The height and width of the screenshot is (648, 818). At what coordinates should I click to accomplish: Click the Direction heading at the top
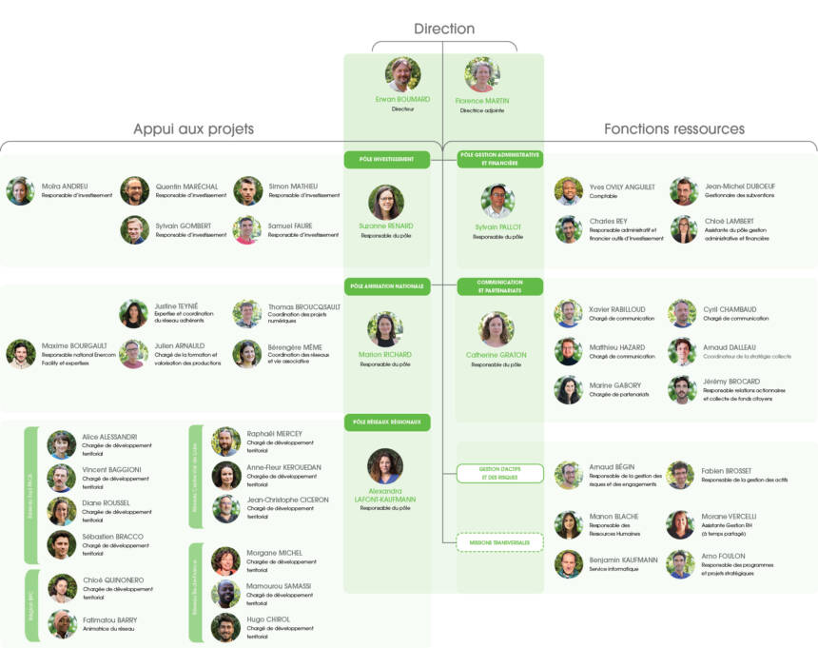click(443, 29)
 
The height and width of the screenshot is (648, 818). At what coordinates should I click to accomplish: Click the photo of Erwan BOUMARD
click(403, 74)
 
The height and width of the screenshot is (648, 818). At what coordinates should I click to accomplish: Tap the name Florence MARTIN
click(481, 100)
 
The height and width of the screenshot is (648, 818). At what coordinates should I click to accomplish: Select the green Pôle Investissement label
click(386, 160)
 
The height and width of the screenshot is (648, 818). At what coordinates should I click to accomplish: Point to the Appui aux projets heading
click(193, 128)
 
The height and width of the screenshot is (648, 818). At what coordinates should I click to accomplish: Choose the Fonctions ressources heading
click(673, 128)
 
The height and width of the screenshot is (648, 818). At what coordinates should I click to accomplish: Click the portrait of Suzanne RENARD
click(386, 202)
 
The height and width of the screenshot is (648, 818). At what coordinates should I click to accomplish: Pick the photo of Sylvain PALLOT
click(497, 202)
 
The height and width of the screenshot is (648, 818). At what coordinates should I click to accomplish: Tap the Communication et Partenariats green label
click(499, 286)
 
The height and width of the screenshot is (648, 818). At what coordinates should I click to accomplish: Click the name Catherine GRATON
click(497, 355)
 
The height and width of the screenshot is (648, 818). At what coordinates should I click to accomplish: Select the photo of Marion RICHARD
click(385, 329)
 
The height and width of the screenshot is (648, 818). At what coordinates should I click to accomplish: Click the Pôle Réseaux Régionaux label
click(386, 421)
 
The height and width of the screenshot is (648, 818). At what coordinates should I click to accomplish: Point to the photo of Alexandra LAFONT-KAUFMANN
click(385, 466)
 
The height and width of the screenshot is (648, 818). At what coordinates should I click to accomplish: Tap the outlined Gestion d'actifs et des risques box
click(499, 473)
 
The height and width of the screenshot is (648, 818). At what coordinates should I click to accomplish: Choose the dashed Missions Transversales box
click(499, 542)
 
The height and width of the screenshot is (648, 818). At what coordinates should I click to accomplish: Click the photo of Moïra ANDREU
click(20, 191)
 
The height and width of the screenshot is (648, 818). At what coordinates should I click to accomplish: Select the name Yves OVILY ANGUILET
click(622, 187)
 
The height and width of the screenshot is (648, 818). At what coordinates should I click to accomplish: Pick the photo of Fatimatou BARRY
click(62, 624)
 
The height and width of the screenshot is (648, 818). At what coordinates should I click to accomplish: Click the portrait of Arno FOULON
click(680, 564)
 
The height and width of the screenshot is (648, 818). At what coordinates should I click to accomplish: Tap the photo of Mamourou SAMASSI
click(225, 594)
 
